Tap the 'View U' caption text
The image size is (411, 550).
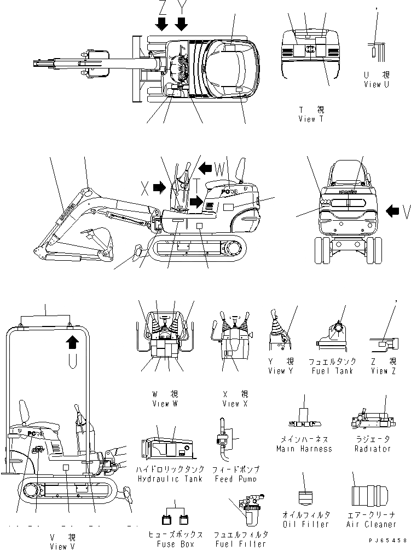click(x=377, y=84)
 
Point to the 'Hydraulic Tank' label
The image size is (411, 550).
click(x=172, y=479)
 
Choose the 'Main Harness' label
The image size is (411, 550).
click(x=304, y=449)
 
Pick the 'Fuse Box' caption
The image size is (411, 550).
click(x=175, y=544)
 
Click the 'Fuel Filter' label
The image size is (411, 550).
click(x=241, y=544)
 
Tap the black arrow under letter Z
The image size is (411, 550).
click(x=161, y=24)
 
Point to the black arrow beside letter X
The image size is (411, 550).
click(x=159, y=188)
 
